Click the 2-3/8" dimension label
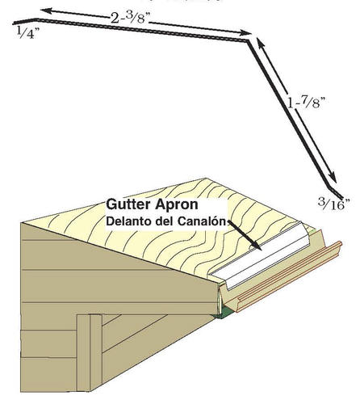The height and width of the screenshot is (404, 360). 130,18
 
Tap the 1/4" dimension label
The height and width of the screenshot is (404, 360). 27,33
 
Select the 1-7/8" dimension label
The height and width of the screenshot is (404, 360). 307,102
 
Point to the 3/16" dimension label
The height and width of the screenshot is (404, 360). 334,204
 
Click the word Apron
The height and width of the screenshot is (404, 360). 176,205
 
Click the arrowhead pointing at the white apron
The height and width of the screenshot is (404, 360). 256,245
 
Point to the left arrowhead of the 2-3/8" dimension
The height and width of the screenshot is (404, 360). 46,11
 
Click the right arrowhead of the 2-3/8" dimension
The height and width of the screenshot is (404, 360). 245,33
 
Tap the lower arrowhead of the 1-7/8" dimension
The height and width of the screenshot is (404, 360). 333,178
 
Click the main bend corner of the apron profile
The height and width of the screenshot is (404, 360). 248,41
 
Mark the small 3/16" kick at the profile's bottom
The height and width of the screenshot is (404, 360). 335,192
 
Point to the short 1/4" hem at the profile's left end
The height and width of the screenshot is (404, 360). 25,21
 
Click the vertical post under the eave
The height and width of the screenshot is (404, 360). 90,353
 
